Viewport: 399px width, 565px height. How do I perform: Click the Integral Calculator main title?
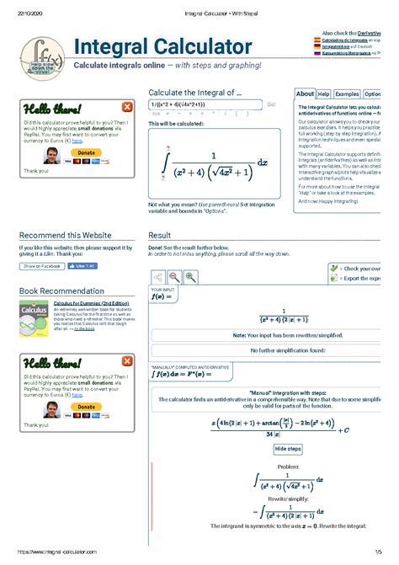coord(162,46)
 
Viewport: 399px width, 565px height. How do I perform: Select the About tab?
coord(305,94)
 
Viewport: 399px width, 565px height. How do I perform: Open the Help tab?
coord(324,94)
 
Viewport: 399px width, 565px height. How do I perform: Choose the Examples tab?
coord(347,94)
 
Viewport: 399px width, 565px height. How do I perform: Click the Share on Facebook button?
coord(42,265)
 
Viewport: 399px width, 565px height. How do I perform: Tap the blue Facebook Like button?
coord(82,265)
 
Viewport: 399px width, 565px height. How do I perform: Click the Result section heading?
coord(160,235)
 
